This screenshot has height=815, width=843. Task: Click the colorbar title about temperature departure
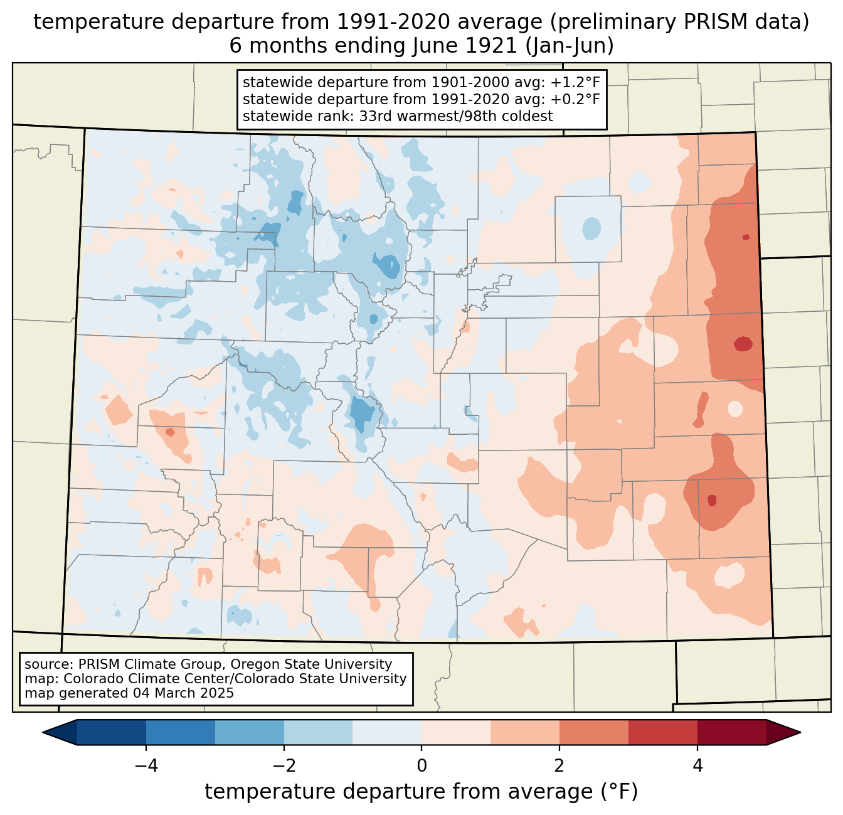(x=422, y=792)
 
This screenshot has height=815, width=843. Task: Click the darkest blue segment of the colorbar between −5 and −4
(x=112, y=732)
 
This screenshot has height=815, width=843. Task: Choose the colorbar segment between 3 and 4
(x=663, y=732)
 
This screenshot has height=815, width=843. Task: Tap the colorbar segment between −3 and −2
(x=250, y=732)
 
